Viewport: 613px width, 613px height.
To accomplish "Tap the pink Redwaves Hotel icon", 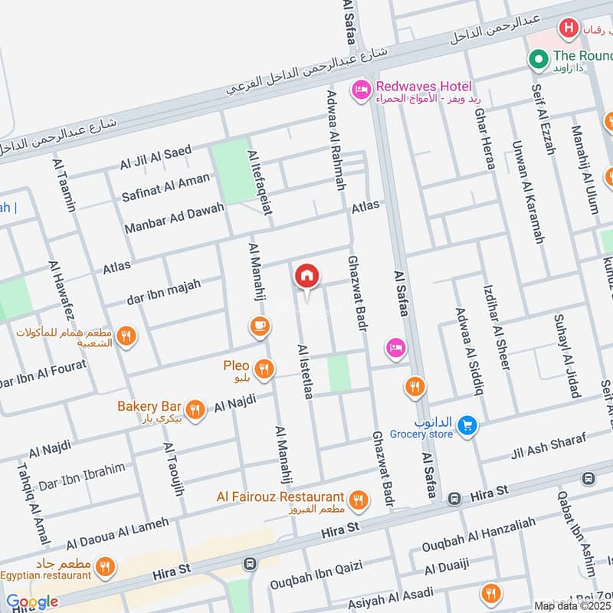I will tap(359, 90).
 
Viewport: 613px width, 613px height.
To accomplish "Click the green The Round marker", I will tap(539, 57).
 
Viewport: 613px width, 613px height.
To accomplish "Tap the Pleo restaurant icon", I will tap(264, 369).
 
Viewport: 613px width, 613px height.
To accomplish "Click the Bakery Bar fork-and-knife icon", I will tap(195, 409).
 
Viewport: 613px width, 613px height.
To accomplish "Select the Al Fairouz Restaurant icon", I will tap(358, 500).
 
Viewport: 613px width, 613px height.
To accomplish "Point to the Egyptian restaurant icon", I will tap(106, 567).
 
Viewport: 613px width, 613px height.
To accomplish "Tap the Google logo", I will tap(32, 602).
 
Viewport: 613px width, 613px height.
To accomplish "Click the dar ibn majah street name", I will tap(163, 292).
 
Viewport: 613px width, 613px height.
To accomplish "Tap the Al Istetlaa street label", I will tap(306, 372).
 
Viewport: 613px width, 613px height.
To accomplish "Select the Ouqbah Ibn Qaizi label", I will tap(315, 577).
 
